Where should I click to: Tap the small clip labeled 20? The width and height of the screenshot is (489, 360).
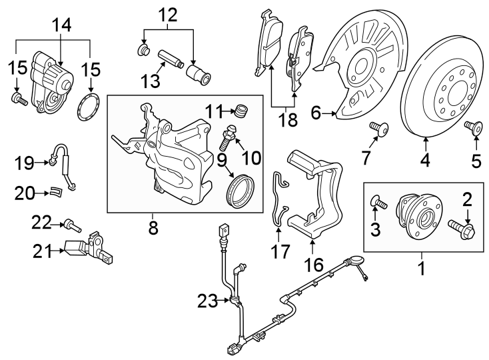[58, 193]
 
